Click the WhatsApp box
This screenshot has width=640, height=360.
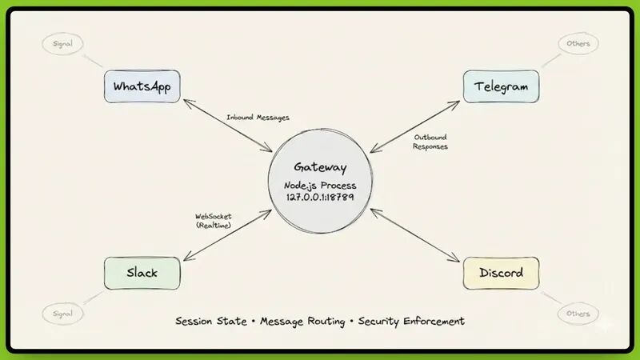(143, 86)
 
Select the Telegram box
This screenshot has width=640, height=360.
(501, 86)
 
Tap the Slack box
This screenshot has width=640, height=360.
(142, 273)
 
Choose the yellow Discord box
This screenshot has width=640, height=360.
(501, 273)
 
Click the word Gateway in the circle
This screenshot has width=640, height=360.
(320, 167)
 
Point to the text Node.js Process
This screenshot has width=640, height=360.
(320, 185)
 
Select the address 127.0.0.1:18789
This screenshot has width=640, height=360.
(320, 197)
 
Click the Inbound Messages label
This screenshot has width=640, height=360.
(258, 118)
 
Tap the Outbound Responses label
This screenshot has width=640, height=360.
(430, 142)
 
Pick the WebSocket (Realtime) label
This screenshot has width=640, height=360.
(214, 221)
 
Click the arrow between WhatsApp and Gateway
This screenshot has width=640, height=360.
(229, 126)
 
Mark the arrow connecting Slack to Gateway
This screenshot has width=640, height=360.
(228, 234)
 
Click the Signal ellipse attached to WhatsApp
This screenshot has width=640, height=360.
(62, 43)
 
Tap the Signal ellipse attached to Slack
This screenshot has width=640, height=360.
(62, 314)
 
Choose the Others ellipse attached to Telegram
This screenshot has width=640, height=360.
(578, 43)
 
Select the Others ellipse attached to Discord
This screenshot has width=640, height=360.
(578, 314)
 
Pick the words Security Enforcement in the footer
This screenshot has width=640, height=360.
(411, 322)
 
